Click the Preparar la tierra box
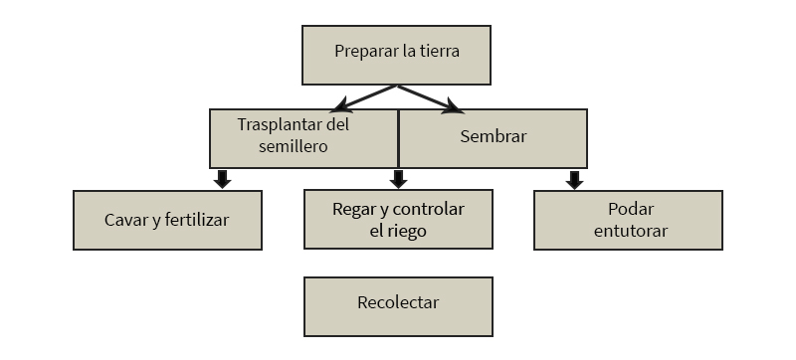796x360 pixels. click(x=396, y=55)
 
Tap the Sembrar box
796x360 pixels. click(x=493, y=138)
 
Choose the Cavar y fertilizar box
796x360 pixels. click(x=167, y=220)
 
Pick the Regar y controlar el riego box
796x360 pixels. click(x=398, y=220)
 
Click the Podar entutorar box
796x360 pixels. click(x=629, y=220)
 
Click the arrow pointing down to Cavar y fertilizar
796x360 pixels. click(x=222, y=179)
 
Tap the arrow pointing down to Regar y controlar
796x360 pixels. click(x=398, y=179)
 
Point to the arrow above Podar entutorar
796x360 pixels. click(x=574, y=179)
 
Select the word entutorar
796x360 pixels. click(x=630, y=231)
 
